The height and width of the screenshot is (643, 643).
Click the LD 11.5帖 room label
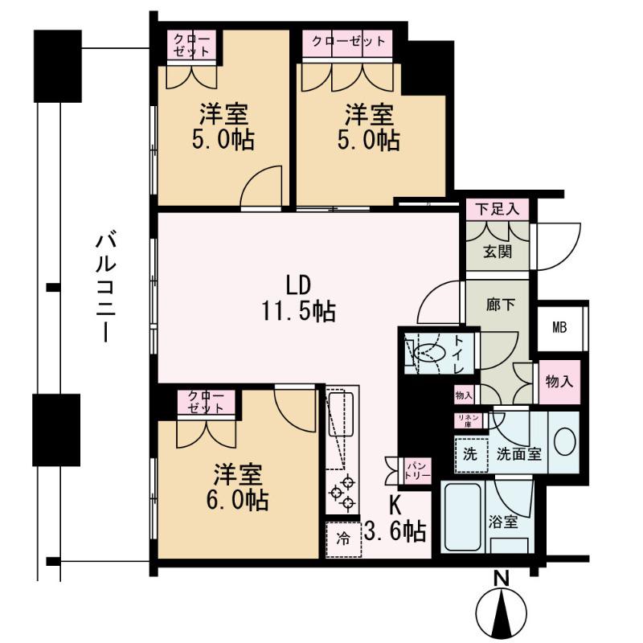coord(298,298)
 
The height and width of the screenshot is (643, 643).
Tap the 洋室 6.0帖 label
coord(238,487)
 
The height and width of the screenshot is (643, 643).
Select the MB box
coord(559,327)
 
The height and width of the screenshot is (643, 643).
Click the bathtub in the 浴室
coord(463,517)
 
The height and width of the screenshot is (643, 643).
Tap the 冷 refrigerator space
coord(344,539)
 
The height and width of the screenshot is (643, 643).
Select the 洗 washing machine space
coord(471,455)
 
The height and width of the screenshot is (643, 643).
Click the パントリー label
coord(417,471)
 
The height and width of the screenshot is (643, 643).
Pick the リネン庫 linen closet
coord(469,420)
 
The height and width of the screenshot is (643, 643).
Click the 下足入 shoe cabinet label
coord(498,210)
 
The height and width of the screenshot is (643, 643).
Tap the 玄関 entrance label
coord(498,252)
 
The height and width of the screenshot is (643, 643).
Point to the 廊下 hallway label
coord(500,305)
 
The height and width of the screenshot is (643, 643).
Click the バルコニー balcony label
coord(106,287)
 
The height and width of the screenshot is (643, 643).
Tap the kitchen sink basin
coord(340,415)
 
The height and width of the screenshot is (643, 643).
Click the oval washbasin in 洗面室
coord(565,441)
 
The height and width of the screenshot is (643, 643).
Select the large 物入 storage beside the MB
coord(559,382)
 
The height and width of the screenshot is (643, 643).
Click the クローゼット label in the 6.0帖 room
coord(206,401)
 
